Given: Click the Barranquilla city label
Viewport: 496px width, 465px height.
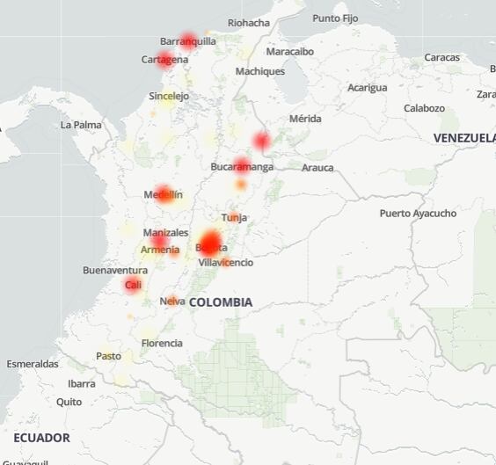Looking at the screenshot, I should click(187, 41).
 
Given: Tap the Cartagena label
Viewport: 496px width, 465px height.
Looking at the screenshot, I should click(164, 60).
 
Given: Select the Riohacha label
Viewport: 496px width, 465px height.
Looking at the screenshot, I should click(248, 23).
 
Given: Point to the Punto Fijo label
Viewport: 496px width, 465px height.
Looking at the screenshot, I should click(335, 18).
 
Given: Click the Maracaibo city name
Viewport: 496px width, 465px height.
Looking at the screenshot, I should click(289, 51).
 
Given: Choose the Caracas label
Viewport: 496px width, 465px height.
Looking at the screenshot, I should click(441, 57).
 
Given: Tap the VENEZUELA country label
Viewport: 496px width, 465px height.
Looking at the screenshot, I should click(463, 138).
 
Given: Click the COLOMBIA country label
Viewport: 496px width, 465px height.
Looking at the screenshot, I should click(220, 302).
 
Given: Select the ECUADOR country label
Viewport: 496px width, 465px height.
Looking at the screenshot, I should click(41, 438).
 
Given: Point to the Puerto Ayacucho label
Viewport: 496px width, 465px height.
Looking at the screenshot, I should click(418, 214).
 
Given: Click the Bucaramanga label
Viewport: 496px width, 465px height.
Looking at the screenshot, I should click(242, 166).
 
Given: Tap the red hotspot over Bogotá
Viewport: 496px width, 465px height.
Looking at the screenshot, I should click(210, 243).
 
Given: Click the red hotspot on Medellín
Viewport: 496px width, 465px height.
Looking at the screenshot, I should click(164, 194).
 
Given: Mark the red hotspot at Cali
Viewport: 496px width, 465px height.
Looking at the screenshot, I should click(133, 284).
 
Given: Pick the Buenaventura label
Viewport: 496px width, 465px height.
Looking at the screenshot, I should click(115, 270).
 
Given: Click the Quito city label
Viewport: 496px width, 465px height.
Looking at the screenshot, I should click(69, 402).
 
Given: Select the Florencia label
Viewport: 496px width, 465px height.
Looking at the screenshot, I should click(162, 343).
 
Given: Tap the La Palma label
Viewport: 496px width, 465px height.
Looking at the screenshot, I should click(81, 125).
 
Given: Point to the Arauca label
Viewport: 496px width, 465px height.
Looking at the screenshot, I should click(317, 167).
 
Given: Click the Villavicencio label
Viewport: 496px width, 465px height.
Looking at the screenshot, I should click(225, 263).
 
